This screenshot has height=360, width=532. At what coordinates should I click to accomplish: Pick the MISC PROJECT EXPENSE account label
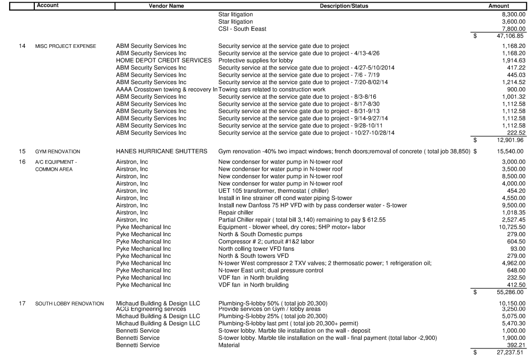[70, 46]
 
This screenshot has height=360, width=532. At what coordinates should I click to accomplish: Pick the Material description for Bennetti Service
[230, 345]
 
